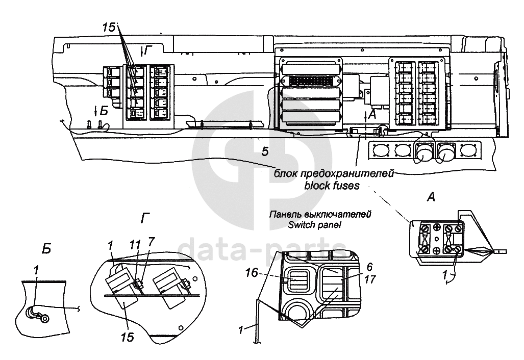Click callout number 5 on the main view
tap(264, 150)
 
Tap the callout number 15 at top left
tap(109, 28)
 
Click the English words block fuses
tap(332, 186)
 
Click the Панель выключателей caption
tap(320, 215)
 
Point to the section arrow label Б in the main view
tap(104, 111)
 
